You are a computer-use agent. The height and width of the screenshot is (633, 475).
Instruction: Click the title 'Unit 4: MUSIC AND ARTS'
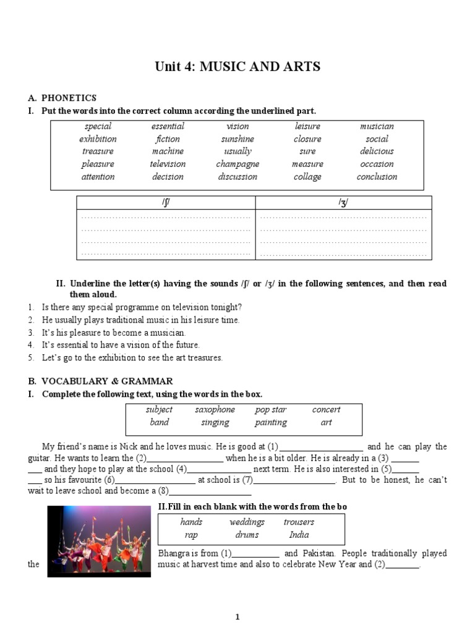pos(237,67)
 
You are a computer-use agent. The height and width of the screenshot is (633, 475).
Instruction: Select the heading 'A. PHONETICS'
pos(62,98)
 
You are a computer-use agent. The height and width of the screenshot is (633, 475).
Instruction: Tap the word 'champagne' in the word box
pos(237,164)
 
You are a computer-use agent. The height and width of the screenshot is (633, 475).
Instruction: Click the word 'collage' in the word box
pos(307,177)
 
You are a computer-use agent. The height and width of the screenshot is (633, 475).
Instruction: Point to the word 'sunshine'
pos(237,139)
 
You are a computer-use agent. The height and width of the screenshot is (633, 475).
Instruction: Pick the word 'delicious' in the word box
pos(377,151)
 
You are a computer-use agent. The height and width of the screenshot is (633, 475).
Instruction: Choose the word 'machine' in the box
pos(168,151)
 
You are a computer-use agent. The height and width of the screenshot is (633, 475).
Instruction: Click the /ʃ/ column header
pos(165,203)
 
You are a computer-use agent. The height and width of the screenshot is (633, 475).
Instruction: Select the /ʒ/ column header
pos(343,203)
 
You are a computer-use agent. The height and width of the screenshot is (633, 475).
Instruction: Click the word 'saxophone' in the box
pos(215,410)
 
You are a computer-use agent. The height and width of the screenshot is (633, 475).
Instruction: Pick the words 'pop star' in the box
pos(270,410)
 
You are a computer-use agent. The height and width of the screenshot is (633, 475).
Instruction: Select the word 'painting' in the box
pos(270,423)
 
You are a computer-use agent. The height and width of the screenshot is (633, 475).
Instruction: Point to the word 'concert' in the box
pos(326,410)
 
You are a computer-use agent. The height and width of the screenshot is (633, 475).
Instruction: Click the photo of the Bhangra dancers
pos(99,542)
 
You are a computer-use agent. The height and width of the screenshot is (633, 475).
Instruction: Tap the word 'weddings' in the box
pos(247,522)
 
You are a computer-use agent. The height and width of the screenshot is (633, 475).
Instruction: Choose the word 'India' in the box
pos(299,535)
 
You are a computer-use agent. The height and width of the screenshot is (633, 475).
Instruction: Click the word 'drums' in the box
pos(247,535)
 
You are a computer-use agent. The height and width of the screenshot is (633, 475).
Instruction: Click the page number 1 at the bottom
pos(237,617)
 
